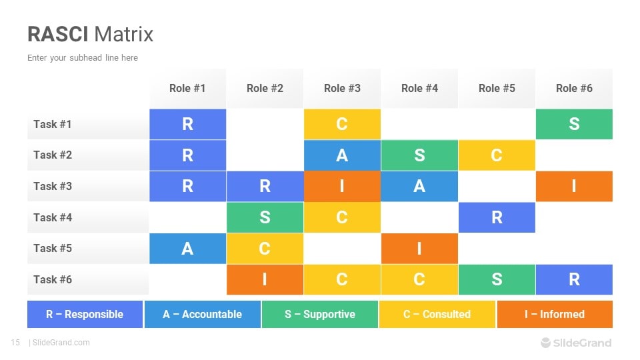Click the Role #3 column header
tap(342, 88)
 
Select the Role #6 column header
tap(574, 88)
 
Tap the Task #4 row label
tap(53, 217)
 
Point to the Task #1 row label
tap(53, 124)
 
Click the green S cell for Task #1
tap(574, 124)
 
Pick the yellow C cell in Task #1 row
tap(342, 124)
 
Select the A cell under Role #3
tap(342, 155)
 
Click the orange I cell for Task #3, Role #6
tap(574, 186)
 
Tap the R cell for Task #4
tap(497, 217)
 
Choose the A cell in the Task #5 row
tap(187, 248)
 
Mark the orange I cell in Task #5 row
tap(419, 248)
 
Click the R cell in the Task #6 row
tap(574, 279)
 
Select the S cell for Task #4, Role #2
tap(265, 217)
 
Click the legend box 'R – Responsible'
tap(85, 314)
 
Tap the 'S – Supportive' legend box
tap(320, 314)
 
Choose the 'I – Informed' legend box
tap(554, 314)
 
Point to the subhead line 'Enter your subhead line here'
tap(83, 58)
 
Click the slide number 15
tap(15, 343)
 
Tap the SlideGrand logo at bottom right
tap(575, 343)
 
